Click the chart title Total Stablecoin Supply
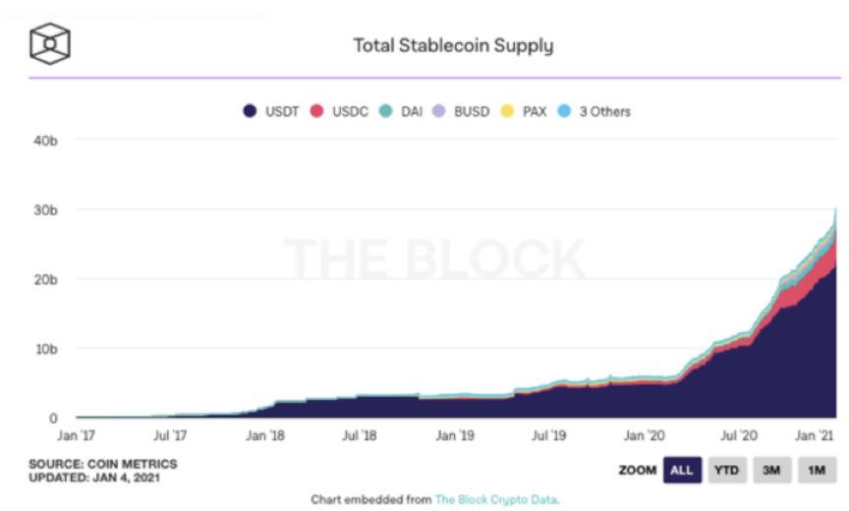453,45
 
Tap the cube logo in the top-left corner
49,42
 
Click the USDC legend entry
340,111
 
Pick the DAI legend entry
403,111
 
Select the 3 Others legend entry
595,111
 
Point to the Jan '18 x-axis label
265,434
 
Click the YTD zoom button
726,470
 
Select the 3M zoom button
771,470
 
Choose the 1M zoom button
816,470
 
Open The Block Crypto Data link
496,499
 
